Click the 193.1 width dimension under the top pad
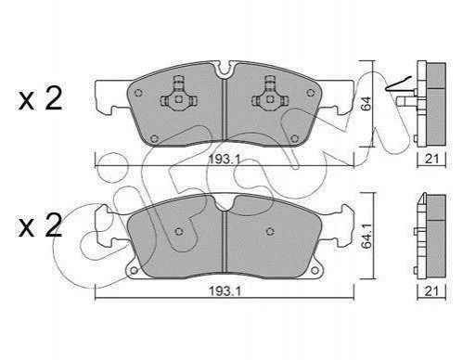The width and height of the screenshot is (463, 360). pyautogui.click(x=224, y=160)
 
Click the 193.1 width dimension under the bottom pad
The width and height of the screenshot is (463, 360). pyautogui.click(x=225, y=291)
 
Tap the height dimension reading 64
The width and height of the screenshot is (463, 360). pyautogui.click(x=367, y=104)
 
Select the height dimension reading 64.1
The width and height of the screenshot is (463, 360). pyautogui.click(x=367, y=237)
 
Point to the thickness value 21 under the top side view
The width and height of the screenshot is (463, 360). pyautogui.click(x=431, y=159)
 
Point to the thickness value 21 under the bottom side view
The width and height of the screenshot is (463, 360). pyautogui.click(x=431, y=291)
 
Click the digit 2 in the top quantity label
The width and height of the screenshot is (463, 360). pyautogui.click(x=54, y=98)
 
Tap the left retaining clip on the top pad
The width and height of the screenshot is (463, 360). pyautogui.click(x=179, y=95)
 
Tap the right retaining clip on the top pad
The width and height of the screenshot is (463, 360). pyautogui.click(x=270, y=95)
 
